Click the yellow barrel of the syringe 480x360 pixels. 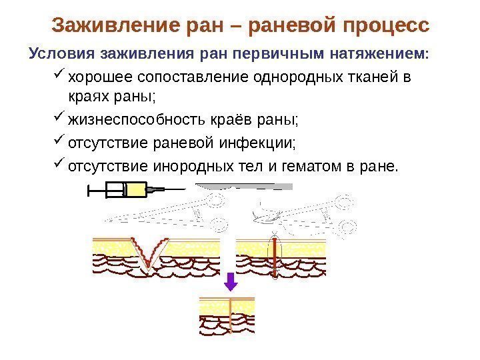[x=135, y=191]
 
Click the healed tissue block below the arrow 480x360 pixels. [x=228, y=313]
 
